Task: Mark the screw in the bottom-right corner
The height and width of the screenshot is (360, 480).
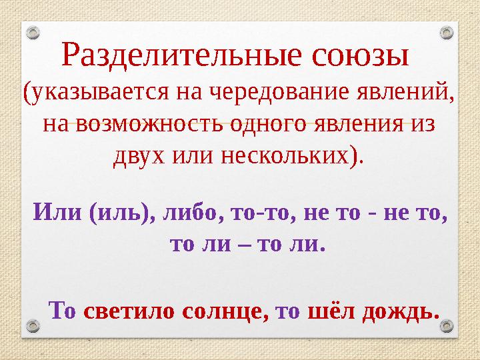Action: click(447, 325)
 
